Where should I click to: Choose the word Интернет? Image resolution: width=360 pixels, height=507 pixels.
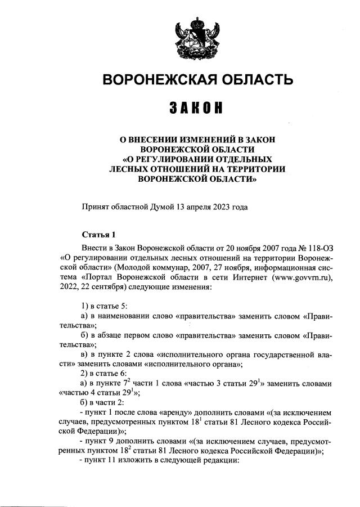[250, 277]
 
